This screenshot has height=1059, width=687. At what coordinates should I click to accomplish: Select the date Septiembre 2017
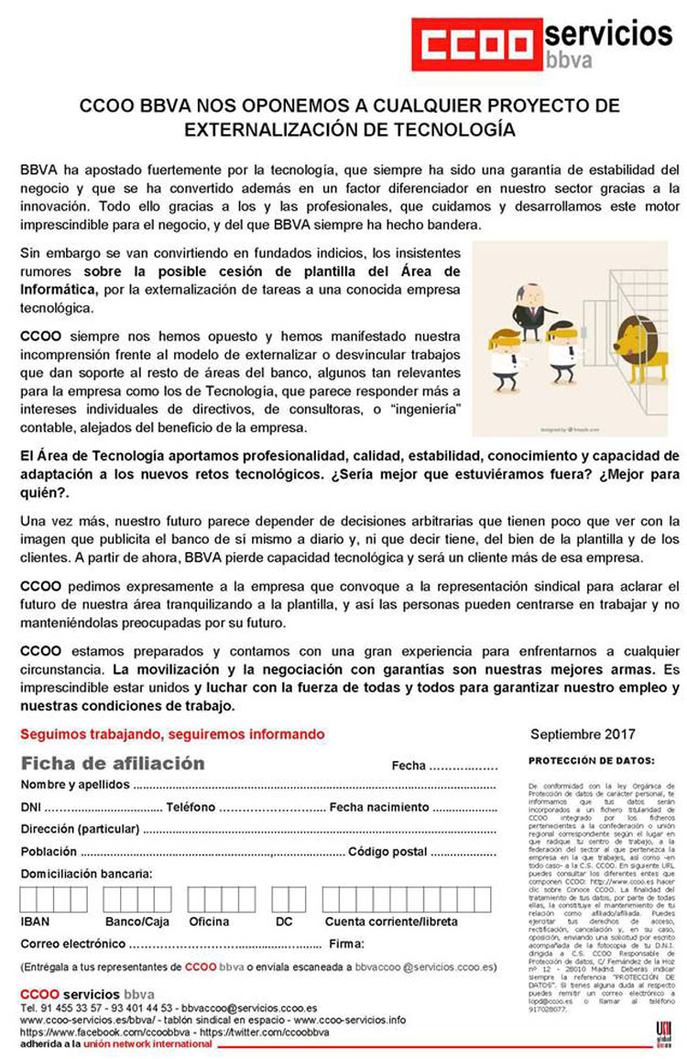583,734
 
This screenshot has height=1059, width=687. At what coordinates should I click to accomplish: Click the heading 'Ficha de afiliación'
113,764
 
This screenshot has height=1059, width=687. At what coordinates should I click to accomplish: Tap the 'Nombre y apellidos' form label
75,785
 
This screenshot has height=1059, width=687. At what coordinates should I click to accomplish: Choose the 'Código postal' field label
387,852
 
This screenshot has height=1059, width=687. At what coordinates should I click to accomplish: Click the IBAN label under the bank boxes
35,921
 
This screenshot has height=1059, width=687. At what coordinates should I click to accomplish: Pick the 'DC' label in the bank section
284,921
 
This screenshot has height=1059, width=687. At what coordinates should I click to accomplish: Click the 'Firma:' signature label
347,943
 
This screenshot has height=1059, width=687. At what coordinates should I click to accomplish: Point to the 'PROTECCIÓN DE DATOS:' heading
592,760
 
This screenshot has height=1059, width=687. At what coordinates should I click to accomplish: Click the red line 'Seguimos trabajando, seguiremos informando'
172,734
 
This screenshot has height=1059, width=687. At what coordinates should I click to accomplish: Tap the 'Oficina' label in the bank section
209,921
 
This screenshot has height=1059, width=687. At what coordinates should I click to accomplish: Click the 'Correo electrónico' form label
72,943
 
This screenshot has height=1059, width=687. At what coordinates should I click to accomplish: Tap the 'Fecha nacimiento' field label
378,807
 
